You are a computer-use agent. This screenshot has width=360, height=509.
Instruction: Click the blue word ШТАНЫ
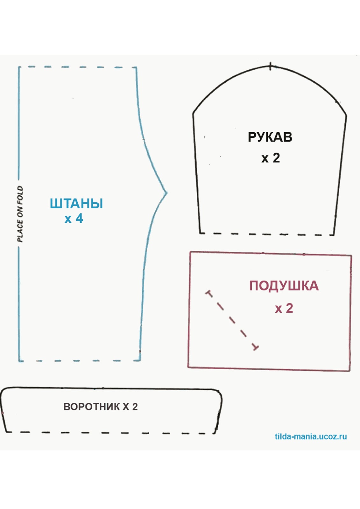coord(76,204)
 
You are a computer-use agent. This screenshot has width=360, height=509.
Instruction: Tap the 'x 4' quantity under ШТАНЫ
coord(74,219)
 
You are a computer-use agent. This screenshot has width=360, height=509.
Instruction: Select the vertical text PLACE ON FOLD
coord(20,214)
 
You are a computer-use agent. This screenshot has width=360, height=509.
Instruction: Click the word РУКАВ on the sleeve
coord(270,137)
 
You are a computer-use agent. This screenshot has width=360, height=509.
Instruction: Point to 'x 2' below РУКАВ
coord(271,158)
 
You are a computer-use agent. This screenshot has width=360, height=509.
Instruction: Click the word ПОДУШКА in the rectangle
coord(284,286)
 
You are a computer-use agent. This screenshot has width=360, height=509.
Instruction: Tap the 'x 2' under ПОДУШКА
coord(284,308)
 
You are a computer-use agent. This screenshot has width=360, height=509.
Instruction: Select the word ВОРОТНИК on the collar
coord(92,407)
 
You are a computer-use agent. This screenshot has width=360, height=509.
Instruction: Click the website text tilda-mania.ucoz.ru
coord(311,436)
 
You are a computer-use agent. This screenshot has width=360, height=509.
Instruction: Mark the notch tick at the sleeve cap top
coord(270,66)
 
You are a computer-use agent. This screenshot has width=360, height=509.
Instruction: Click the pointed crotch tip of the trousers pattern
coord(166,193)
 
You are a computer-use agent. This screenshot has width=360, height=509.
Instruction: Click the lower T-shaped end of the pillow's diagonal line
coord(255,347)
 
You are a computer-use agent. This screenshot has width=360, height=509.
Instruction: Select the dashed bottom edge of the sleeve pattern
coord(267,234)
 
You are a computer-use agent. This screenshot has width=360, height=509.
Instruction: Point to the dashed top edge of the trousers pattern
coord(78,67)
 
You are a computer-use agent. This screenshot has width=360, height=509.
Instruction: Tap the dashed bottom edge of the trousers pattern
coord(80,361)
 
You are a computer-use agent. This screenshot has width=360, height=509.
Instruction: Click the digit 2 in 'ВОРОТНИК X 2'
coord(135,407)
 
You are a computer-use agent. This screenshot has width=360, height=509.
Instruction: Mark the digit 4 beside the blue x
coord(79,219)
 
